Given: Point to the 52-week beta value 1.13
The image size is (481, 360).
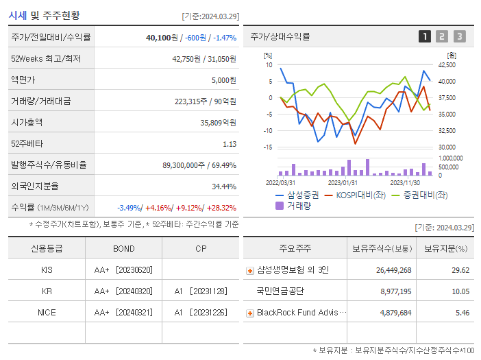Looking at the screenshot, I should coord(229,144).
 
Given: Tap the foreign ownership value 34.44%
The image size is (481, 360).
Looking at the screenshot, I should coord(223,187).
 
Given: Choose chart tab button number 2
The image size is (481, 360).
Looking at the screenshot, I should coord(442,37).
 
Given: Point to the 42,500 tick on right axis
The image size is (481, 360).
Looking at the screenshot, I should coord(446,65).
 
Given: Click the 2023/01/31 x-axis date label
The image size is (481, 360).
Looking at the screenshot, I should coord(342,182).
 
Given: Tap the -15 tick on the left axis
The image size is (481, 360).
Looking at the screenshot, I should coord(268,147).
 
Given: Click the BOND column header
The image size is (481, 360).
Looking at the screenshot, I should coord(123,248).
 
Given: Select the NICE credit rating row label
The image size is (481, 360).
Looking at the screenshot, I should coord(47,312).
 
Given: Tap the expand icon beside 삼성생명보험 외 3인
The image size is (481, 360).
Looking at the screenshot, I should coord(249,271).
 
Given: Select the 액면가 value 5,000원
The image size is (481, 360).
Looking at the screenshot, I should coord(223,80).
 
